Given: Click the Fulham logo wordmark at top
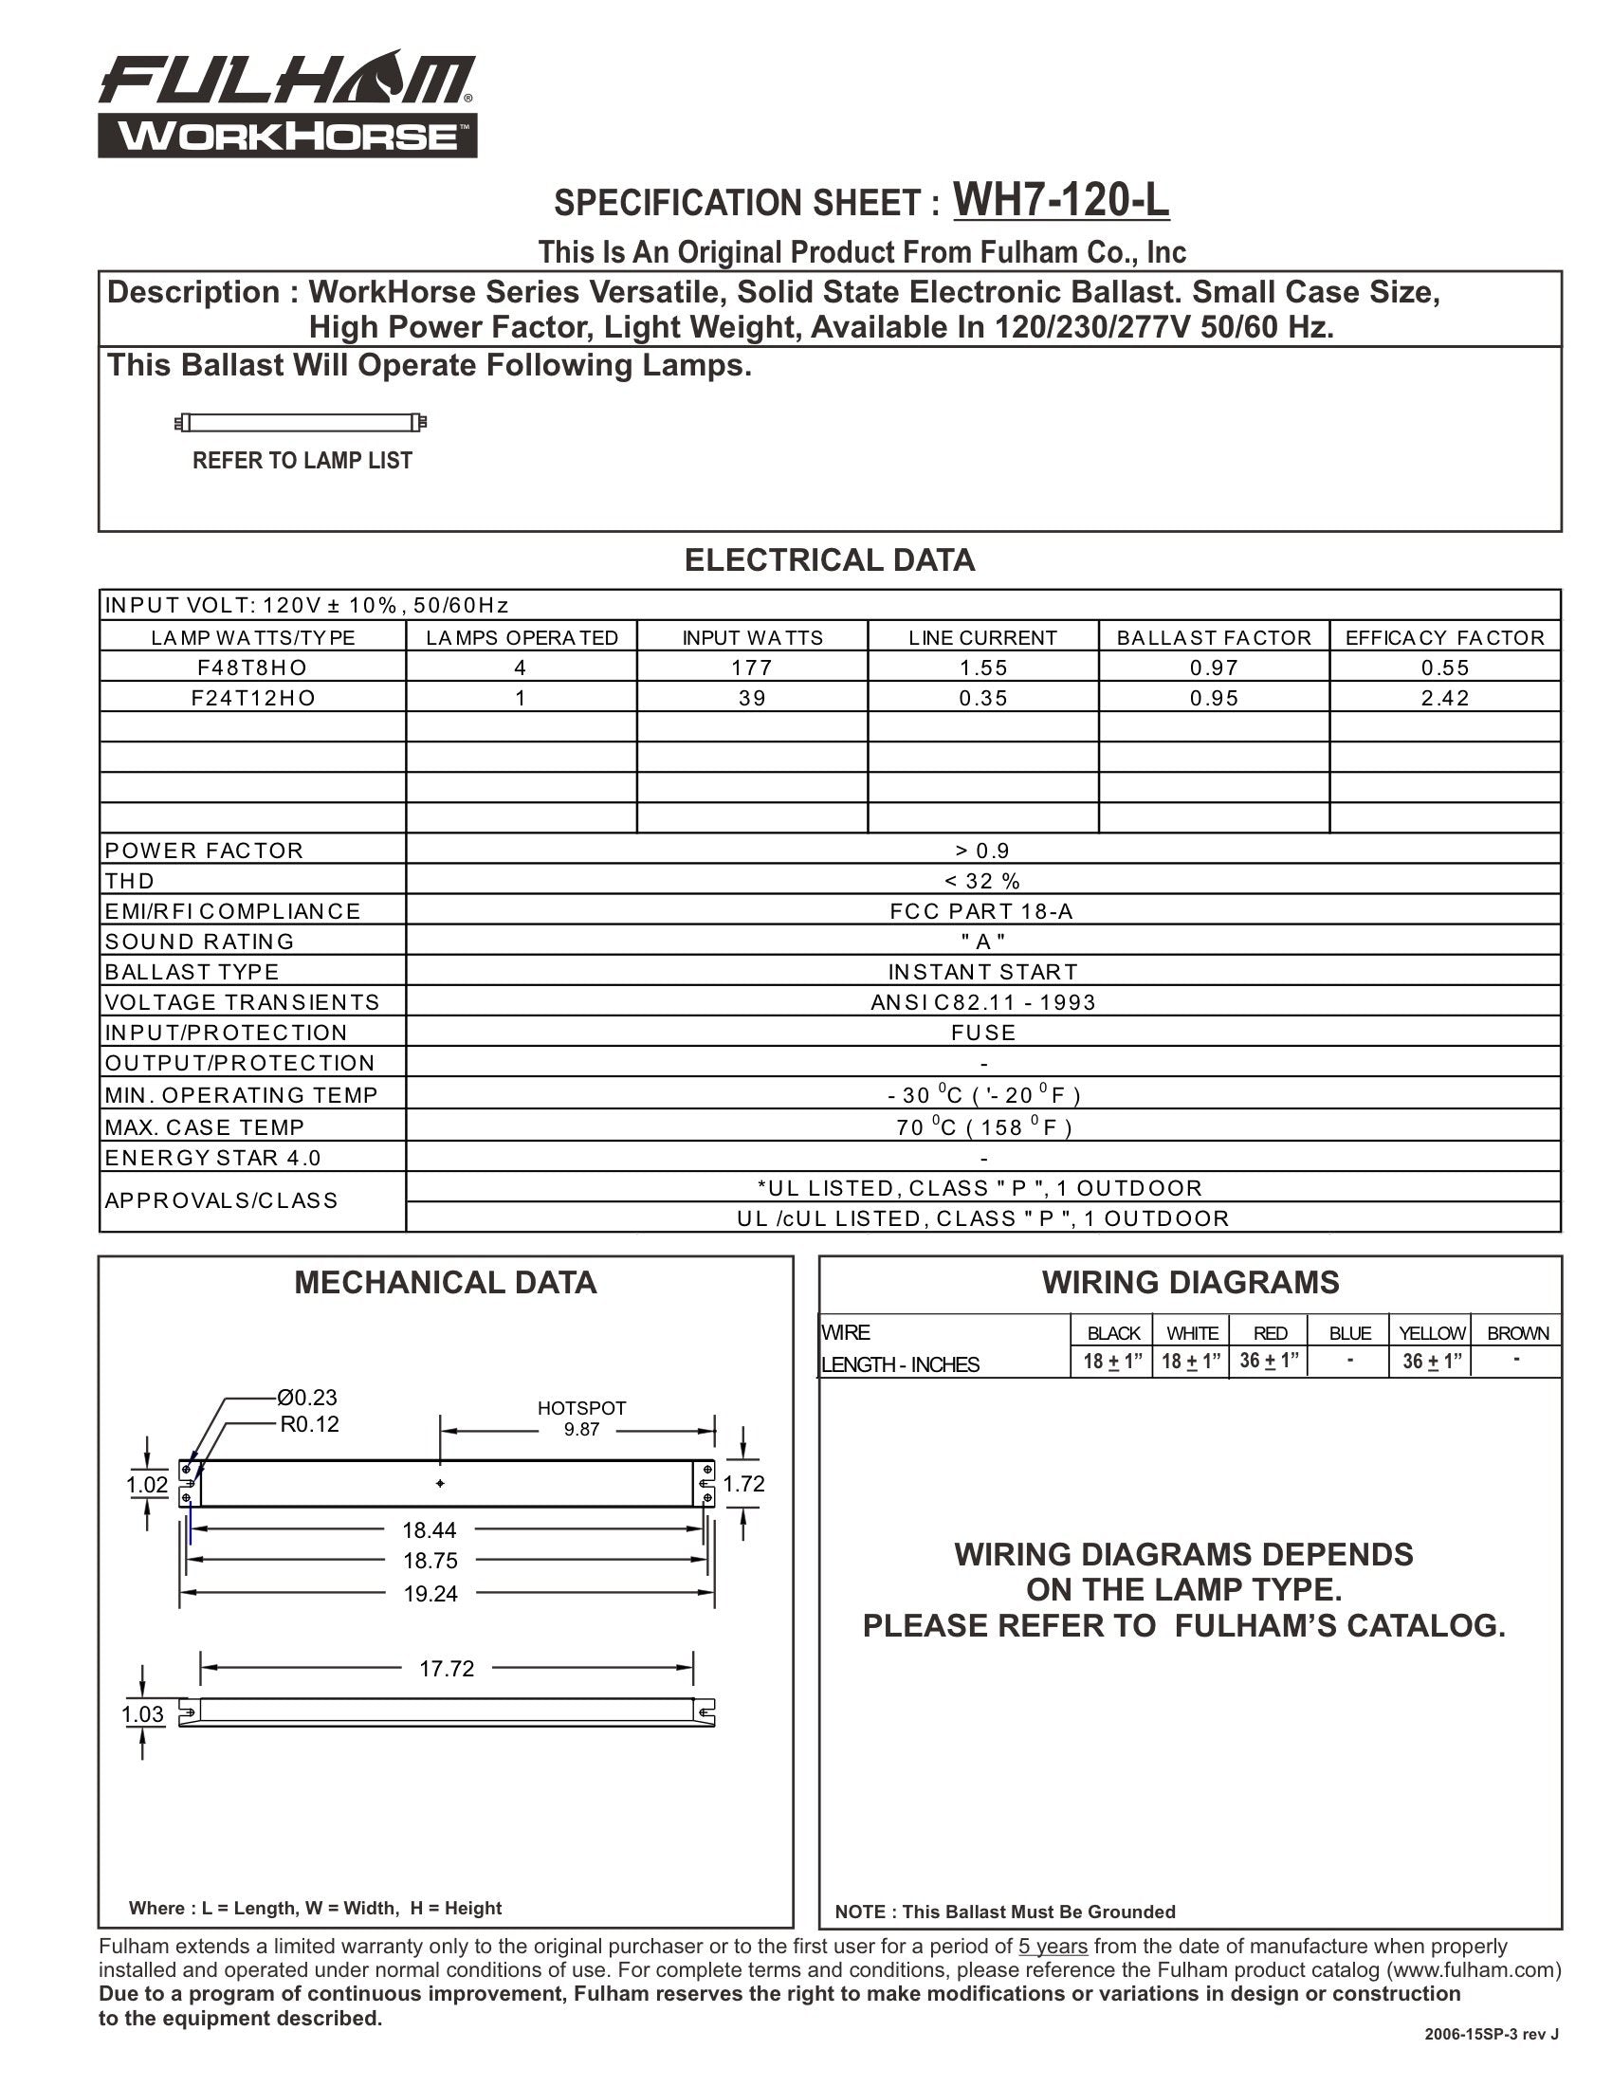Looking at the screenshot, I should click(286, 82).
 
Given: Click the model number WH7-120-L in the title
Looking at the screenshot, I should click(1060, 201).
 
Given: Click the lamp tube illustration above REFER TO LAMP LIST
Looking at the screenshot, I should click(301, 422).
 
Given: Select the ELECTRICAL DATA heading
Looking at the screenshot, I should click(829, 560).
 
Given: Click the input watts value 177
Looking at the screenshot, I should click(752, 668).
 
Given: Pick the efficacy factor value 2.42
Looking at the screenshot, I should click(1445, 698).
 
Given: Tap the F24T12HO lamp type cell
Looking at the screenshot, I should click(253, 698).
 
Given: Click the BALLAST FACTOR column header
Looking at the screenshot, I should click(1214, 637).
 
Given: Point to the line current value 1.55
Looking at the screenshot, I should click(982, 668).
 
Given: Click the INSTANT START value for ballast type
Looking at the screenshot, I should click(982, 971).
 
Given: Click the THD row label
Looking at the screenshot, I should click(130, 881).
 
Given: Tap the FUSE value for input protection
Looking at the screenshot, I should click(982, 1033).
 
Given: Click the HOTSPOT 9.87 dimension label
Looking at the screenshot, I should click(581, 1418).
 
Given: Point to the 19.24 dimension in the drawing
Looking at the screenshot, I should click(430, 1594).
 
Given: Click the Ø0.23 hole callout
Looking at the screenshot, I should click(306, 1398).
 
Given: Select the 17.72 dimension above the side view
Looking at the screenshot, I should click(446, 1669).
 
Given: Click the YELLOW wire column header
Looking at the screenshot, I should click(1431, 1333).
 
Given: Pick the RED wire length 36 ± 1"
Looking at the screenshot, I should click(1269, 1361).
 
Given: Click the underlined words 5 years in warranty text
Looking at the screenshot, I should click(1053, 1947).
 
